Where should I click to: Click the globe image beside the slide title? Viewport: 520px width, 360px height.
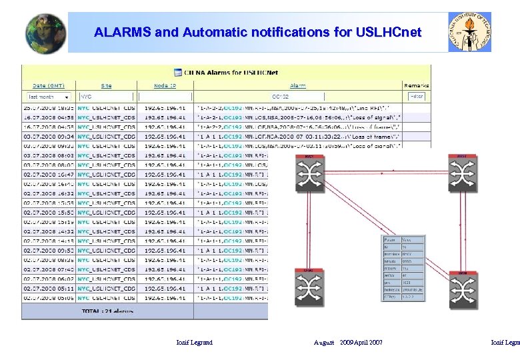point(45,33)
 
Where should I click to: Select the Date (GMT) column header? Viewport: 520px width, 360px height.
point(49,85)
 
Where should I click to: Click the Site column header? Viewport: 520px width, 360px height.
point(107,85)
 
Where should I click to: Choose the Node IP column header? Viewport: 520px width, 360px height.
point(165,85)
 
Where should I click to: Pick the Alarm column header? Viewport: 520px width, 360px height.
point(297,85)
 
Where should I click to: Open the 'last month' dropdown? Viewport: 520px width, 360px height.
point(48,97)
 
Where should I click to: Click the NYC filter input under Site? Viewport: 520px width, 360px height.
point(107,97)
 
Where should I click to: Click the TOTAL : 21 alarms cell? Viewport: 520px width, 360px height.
point(107,311)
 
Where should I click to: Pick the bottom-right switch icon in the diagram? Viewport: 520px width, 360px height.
point(461,291)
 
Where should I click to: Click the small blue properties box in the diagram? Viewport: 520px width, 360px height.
point(403,267)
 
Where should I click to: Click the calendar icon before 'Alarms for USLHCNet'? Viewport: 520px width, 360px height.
point(178,72)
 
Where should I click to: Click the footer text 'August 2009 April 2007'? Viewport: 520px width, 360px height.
point(348,342)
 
